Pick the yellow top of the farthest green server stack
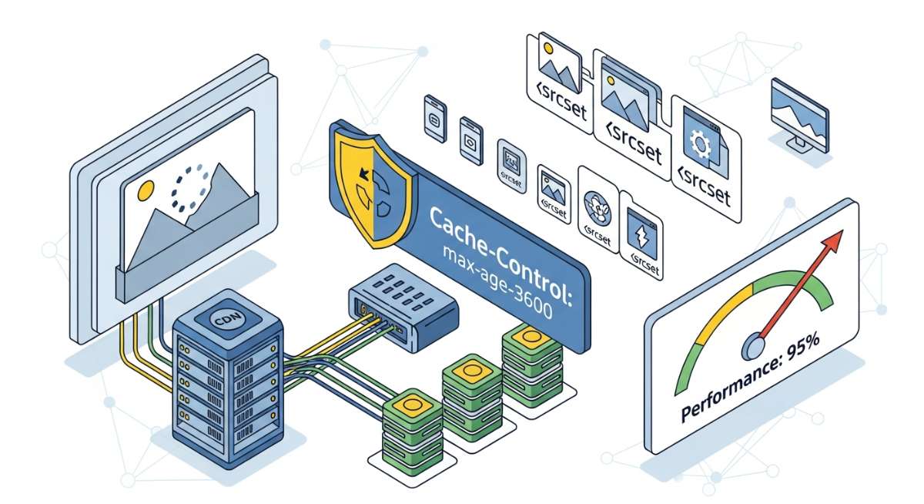[530, 337]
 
